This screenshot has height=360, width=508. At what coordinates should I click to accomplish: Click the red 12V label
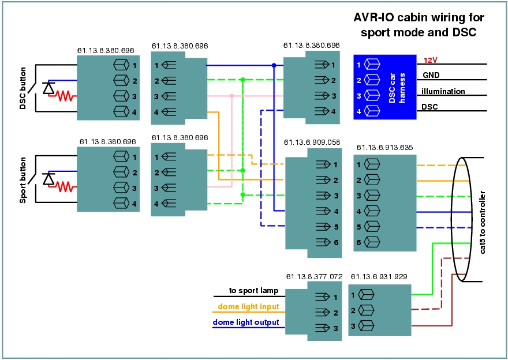click(431, 60)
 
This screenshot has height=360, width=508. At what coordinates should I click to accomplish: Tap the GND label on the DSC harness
click(431, 76)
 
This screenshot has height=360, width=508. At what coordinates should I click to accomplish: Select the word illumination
click(443, 91)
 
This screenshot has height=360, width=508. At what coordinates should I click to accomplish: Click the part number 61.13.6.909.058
click(312, 142)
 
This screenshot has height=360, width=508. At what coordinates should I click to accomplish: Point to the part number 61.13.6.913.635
click(385, 148)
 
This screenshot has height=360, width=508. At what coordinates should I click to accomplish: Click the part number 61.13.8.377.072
click(314, 277)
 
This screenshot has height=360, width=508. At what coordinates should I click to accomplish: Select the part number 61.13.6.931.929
click(379, 277)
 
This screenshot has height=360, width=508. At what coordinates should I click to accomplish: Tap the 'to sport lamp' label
click(253, 291)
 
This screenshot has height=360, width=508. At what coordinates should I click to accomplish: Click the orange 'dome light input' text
click(248, 306)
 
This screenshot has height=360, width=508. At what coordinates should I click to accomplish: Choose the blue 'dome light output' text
click(246, 322)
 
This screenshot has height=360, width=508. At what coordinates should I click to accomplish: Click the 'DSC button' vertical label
click(23, 88)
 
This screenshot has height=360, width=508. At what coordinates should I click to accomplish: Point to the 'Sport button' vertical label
click(23, 181)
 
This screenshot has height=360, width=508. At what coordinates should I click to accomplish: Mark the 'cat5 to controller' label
click(483, 223)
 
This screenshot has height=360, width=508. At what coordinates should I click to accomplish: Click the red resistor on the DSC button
click(66, 96)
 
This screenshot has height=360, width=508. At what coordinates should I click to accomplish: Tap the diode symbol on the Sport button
click(49, 179)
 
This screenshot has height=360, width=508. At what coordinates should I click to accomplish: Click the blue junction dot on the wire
click(274, 65)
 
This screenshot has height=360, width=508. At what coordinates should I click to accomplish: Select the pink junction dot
click(232, 96)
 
